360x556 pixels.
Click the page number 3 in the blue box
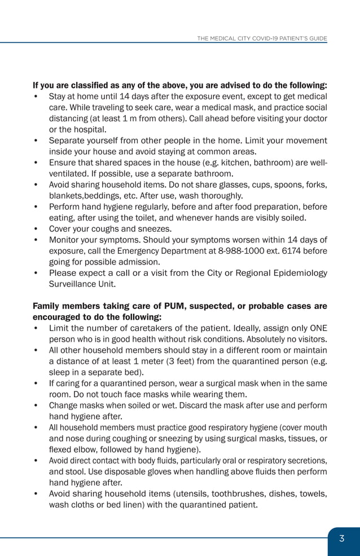[341, 539]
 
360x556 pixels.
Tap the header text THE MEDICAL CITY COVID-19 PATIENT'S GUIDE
[262, 38]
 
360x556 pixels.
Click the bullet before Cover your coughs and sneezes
[36, 229]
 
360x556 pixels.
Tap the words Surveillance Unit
[82, 284]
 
